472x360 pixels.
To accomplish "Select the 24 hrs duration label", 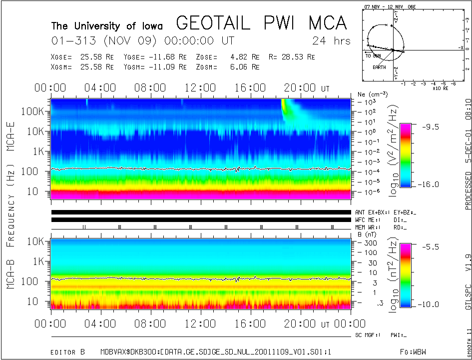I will click(331, 40).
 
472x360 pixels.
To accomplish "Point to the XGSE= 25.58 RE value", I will click(83, 57).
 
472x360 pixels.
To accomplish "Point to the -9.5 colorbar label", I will click(428, 127).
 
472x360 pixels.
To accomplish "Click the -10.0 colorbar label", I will click(429, 304).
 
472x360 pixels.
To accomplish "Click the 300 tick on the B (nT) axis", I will click(370, 242).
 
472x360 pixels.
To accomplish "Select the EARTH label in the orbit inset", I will click(380, 66).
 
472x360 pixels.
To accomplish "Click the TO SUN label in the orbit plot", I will click(373, 55).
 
